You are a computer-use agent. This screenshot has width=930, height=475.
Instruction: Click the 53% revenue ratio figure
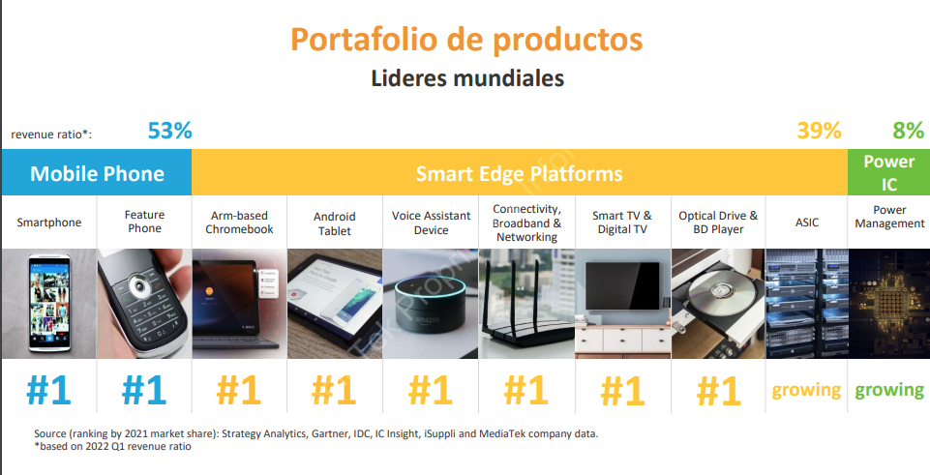(x=169, y=131)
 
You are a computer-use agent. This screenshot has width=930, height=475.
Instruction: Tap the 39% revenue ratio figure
(x=819, y=131)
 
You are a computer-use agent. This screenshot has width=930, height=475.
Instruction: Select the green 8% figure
(x=908, y=131)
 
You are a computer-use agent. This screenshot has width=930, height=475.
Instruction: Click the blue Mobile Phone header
(x=97, y=173)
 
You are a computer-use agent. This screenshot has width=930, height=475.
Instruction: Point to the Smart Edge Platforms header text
(x=519, y=174)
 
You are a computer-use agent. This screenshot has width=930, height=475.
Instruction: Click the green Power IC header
(x=888, y=172)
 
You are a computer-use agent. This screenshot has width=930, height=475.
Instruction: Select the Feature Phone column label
(x=145, y=222)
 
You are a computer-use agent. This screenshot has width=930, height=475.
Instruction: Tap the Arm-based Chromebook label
(x=239, y=223)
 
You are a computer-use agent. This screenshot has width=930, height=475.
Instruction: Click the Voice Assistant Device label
(x=432, y=223)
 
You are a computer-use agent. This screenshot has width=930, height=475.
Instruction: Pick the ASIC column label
(x=807, y=223)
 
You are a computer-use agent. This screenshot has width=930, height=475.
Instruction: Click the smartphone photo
(x=48, y=304)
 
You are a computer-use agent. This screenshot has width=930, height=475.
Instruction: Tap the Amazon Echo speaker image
(x=430, y=304)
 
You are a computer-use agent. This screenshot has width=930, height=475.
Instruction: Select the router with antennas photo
(x=526, y=304)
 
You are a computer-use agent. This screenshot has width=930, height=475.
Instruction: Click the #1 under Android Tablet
(x=334, y=390)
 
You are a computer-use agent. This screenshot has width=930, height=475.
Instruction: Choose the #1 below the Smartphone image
(x=48, y=390)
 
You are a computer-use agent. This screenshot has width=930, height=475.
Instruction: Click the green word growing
(x=889, y=390)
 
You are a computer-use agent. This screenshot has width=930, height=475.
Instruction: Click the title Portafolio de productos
(x=466, y=39)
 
